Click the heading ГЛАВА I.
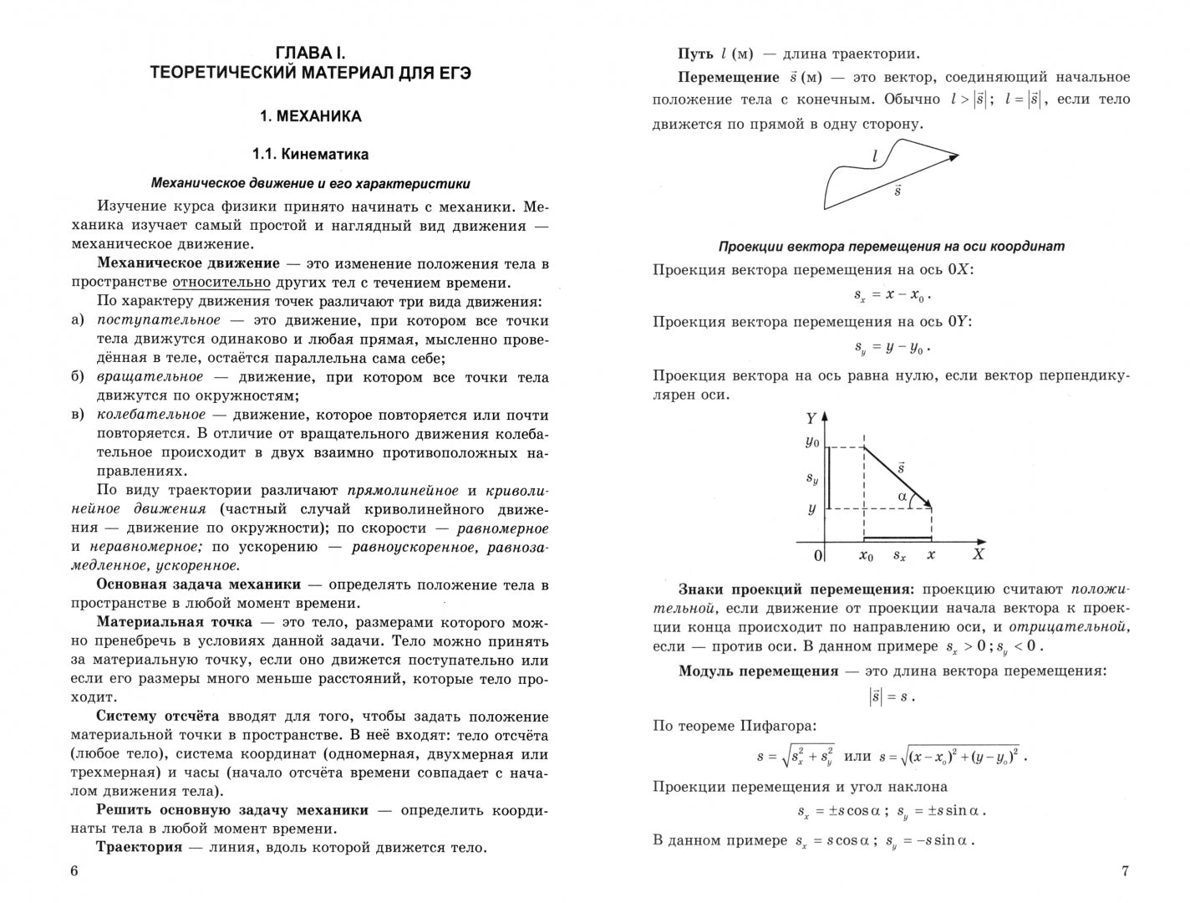click(310, 53)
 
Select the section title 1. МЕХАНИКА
click(310, 117)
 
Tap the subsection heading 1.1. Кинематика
click(310, 155)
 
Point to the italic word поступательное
click(159, 320)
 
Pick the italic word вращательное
click(150, 377)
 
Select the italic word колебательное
click(151, 415)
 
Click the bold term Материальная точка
click(174, 622)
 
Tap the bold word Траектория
click(139, 847)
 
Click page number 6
click(74, 871)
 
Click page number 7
click(1124, 871)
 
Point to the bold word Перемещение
click(729, 78)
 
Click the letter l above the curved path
click(874, 156)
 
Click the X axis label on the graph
click(979, 554)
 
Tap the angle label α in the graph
click(903, 497)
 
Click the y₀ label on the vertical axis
click(811, 441)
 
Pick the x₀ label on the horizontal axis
click(866, 555)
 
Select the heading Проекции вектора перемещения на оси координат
click(891, 247)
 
